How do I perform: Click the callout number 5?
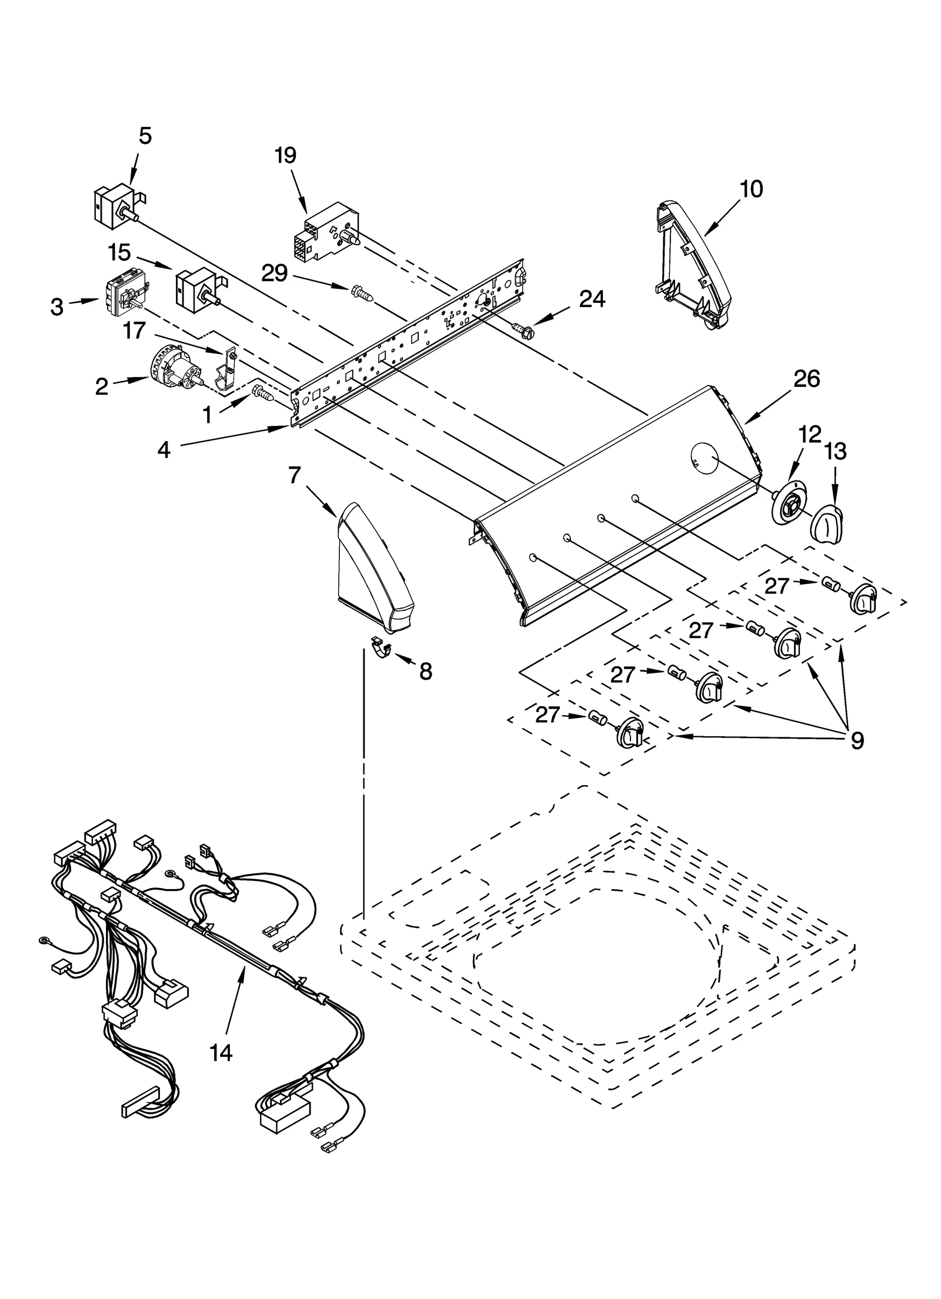(x=145, y=136)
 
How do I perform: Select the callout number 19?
(x=285, y=156)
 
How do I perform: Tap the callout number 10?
(x=751, y=189)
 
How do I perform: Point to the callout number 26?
(x=806, y=379)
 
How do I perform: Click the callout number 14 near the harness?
(x=221, y=1054)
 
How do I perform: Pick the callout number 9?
(x=857, y=741)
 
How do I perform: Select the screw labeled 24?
(x=520, y=331)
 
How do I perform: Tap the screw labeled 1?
(x=262, y=393)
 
